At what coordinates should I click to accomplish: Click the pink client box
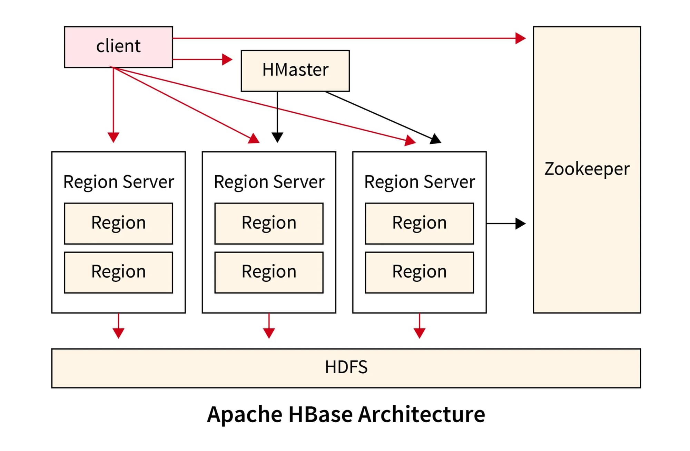tap(118, 47)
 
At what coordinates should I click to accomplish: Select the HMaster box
tap(295, 71)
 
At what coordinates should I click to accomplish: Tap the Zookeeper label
tap(586, 169)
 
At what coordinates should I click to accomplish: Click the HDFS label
tap(346, 367)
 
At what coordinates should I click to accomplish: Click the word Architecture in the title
tap(421, 414)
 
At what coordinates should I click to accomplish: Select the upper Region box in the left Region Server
tap(118, 223)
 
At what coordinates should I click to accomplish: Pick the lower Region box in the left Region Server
tap(118, 272)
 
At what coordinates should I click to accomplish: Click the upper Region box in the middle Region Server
tap(269, 223)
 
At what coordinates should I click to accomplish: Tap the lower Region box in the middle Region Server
tap(269, 272)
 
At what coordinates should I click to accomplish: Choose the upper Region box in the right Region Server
tap(419, 223)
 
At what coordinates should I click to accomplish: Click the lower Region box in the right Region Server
tap(419, 272)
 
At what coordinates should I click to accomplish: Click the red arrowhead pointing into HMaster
tap(227, 59)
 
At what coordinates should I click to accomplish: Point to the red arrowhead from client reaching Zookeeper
tap(520, 38)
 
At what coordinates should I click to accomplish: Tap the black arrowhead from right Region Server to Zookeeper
tap(520, 224)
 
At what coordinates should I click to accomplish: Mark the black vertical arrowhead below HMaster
tap(277, 137)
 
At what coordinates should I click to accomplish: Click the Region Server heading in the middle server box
tap(269, 182)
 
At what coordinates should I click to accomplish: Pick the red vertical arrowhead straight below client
tap(113, 137)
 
